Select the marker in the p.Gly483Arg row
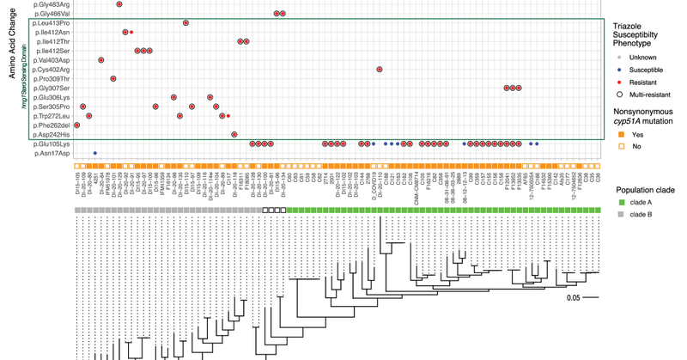tap(119, 5)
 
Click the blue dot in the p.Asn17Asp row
tap(94, 153)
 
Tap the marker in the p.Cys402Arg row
tap(379, 70)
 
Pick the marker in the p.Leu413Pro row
tap(185, 22)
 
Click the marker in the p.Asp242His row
tap(234, 135)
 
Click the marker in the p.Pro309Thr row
tap(113, 79)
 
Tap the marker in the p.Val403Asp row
tap(101, 60)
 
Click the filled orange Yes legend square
tap(617, 135)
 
